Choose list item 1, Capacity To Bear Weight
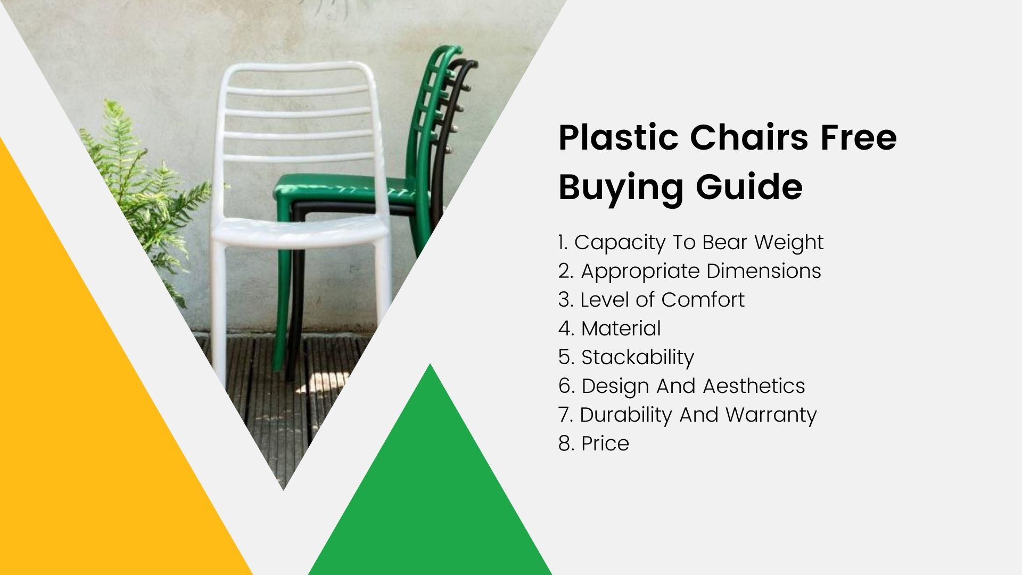[691, 242]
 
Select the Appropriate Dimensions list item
[690, 271]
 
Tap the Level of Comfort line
[652, 300]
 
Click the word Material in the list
[621, 328]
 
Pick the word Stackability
[637, 357]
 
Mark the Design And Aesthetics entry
[682, 386]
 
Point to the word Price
[605, 443]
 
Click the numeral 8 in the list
[565, 443]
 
